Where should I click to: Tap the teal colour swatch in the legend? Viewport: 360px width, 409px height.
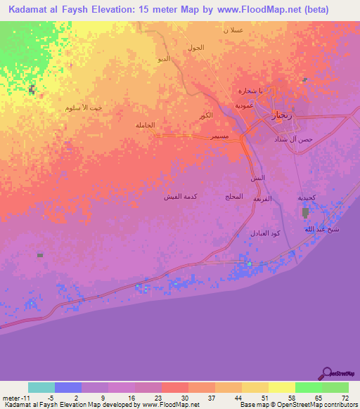(41, 387)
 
